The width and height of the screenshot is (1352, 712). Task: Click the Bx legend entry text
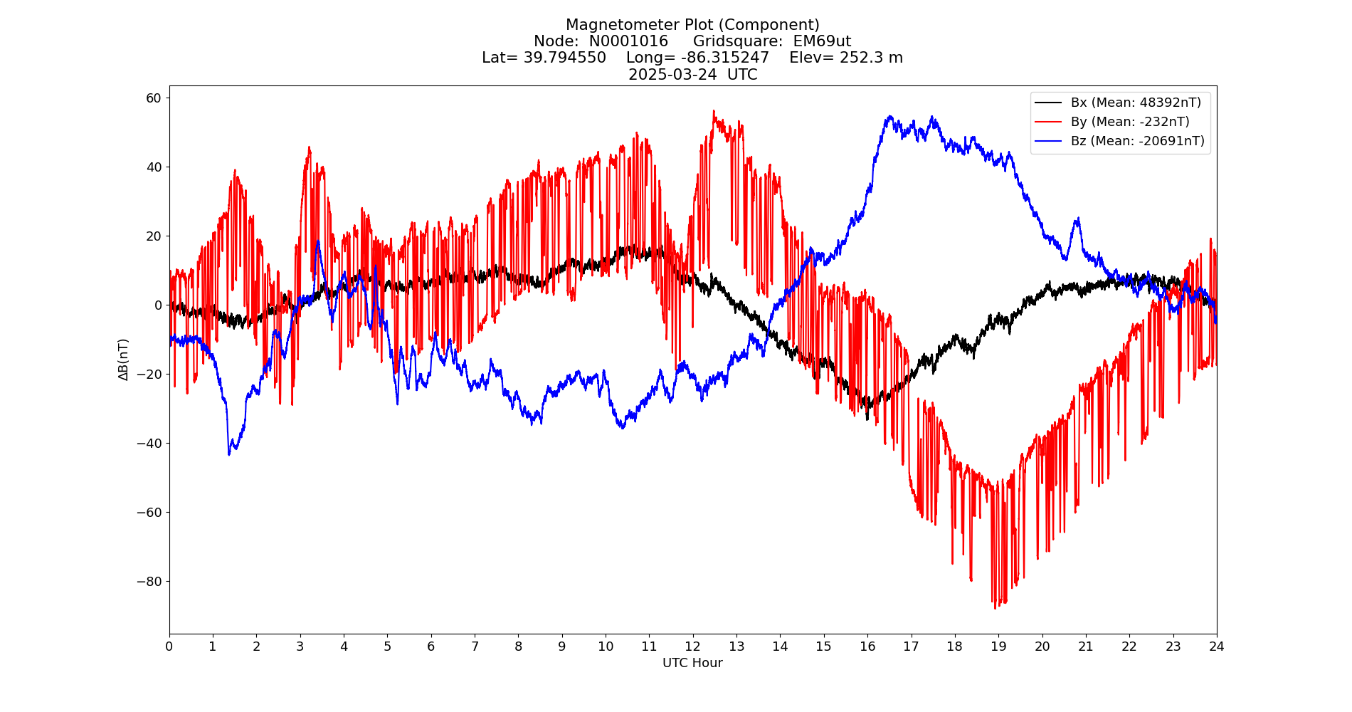1136,103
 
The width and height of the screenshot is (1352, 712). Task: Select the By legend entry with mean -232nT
1130,122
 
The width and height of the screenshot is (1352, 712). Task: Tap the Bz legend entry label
1137,141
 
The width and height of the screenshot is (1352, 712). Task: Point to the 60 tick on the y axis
154,98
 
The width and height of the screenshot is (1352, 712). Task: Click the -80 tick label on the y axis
149,581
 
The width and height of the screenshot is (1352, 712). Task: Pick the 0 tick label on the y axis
158,305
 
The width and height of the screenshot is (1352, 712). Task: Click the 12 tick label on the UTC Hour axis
692,646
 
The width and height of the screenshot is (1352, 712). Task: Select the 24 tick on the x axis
1217,646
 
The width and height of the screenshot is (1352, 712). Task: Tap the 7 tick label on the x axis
475,646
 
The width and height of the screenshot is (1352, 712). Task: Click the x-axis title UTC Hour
692,663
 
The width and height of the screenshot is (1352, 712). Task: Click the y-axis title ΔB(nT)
124,360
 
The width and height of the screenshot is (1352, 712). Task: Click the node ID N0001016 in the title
628,41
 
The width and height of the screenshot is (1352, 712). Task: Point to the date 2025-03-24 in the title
672,75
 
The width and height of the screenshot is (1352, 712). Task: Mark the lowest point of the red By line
995,608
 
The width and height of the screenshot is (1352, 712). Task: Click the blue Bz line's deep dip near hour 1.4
229,454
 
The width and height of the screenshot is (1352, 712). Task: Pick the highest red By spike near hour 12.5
714,111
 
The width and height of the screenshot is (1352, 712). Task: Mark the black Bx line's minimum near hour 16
867,419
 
